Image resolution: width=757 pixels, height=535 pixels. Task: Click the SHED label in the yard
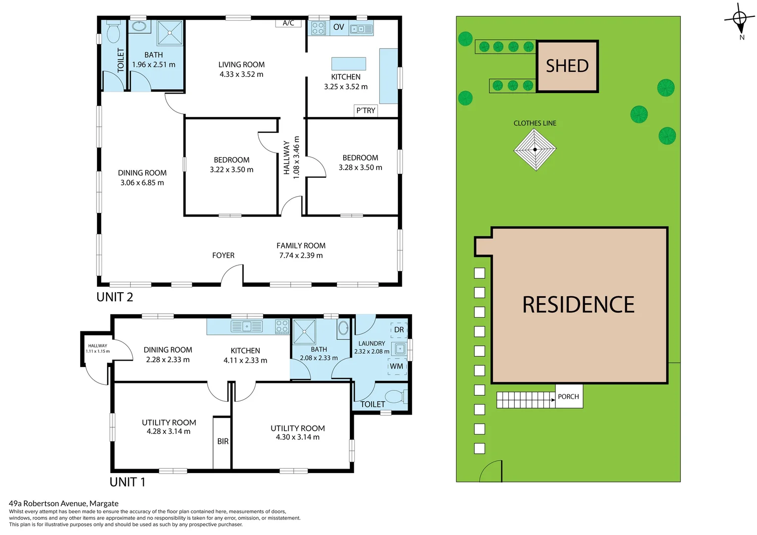click(567, 66)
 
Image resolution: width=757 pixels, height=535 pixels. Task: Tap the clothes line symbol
click(535, 149)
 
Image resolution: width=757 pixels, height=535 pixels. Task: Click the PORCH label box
click(568, 396)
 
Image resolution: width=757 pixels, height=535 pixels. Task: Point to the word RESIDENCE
click(578, 305)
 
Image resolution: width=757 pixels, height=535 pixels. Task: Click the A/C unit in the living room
click(288, 23)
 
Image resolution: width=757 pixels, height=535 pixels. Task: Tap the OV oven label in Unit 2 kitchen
click(338, 27)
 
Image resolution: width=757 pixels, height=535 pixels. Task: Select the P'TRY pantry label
click(366, 110)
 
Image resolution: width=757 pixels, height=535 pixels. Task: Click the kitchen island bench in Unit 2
click(348, 63)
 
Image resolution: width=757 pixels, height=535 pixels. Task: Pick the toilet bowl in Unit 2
click(113, 33)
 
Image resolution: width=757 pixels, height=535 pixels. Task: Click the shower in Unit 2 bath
click(170, 33)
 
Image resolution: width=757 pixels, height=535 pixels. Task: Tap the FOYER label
click(223, 255)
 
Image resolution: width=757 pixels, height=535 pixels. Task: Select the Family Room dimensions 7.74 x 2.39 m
click(301, 256)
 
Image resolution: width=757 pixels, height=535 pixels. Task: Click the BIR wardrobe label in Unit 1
click(222, 441)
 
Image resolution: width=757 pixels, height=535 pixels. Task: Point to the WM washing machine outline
click(397, 366)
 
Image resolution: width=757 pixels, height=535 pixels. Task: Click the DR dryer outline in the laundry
click(399, 329)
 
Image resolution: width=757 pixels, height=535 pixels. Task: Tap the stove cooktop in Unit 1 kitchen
click(282, 326)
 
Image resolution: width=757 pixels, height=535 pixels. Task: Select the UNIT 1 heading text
click(127, 481)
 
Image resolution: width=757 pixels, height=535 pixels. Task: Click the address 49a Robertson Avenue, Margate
click(63, 503)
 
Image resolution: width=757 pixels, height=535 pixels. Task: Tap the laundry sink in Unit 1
click(400, 349)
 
